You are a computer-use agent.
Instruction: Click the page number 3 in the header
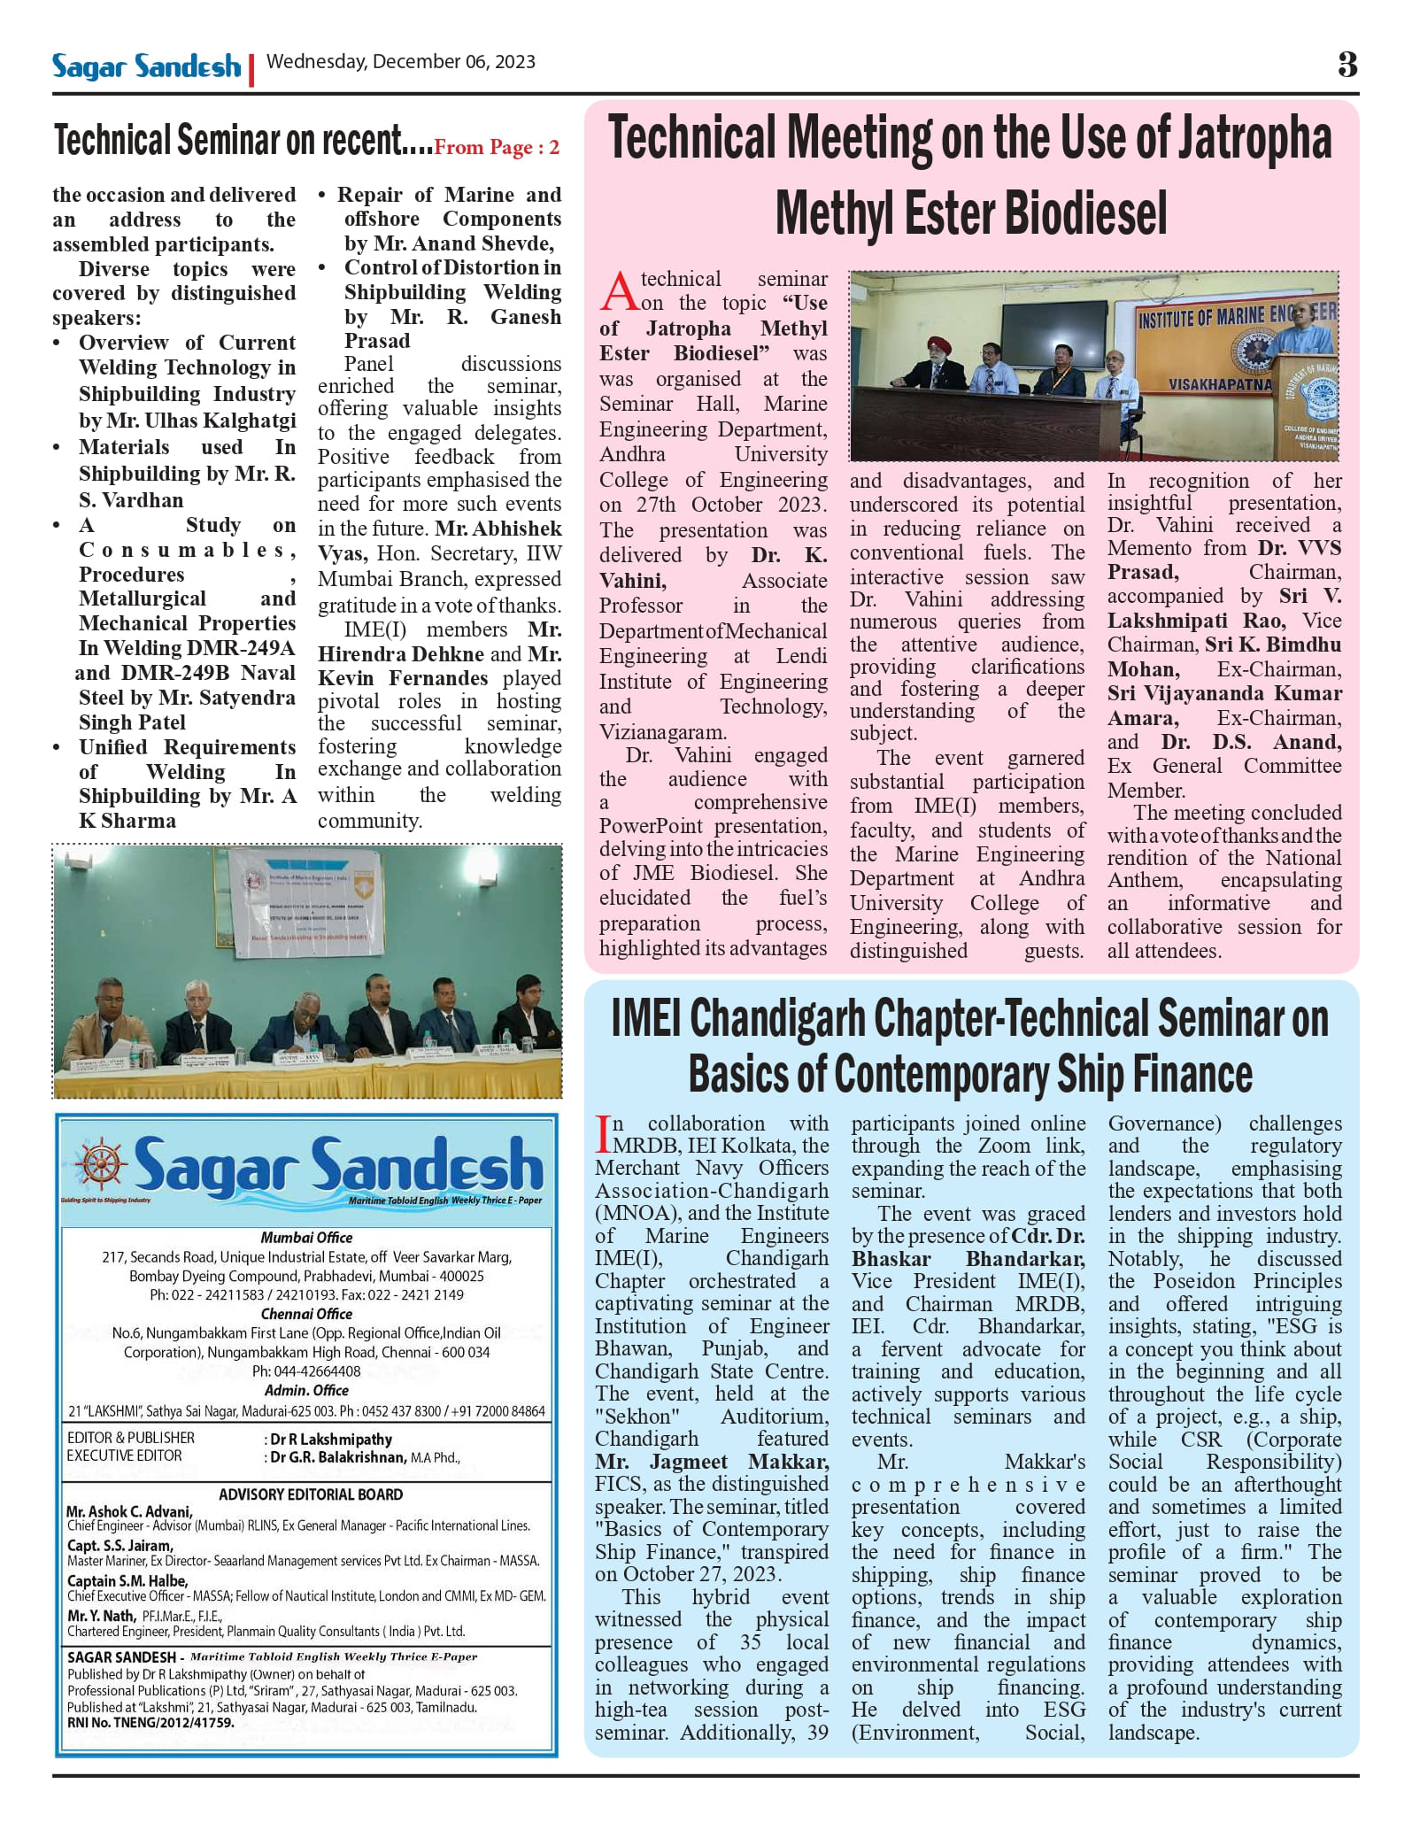pos(1346,65)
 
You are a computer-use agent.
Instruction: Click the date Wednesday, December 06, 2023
pos(400,62)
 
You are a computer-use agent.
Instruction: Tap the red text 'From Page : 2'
pos(497,147)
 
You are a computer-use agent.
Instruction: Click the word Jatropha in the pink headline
pos(1252,140)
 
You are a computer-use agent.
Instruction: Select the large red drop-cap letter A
pos(619,291)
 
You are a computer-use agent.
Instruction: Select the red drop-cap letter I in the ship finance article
pos(603,1134)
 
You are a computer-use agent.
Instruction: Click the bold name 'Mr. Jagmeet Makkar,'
pos(712,1462)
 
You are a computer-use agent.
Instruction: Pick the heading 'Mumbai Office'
pos(306,1238)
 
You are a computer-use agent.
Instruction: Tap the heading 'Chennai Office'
pos(306,1314)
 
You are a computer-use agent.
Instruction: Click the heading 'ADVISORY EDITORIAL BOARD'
pos(311,1494)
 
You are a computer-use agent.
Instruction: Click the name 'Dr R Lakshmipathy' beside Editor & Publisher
pos(330,1440)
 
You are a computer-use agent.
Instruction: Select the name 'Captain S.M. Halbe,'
pos(127,1580)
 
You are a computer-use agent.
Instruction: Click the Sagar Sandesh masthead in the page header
pos(146,66)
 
